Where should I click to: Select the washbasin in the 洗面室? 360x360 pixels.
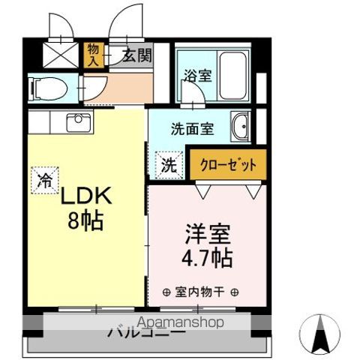pos(241,127)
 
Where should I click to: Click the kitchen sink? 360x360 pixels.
pos(78,121)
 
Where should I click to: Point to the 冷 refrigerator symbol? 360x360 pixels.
pos(45,180)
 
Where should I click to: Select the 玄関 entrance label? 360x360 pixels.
pos(138,55)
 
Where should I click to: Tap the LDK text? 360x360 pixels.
pos(85,197)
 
